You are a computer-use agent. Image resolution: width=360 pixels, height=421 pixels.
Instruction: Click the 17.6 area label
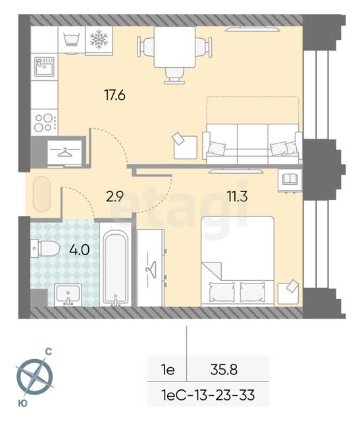[115, 95]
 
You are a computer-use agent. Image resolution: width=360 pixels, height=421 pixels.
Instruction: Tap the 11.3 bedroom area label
[237, 196]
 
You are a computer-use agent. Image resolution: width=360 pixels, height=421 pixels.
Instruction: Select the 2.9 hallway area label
[115, 196]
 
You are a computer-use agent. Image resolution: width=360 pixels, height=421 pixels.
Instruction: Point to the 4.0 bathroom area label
[79, 250]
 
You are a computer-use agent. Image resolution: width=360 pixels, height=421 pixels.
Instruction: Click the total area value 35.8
[224, 370]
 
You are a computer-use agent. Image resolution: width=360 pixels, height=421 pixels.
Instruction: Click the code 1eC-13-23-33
[208, 395]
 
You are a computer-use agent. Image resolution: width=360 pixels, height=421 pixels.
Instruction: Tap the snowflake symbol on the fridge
[99, 39]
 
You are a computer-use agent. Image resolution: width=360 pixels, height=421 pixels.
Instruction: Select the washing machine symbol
[72, 39]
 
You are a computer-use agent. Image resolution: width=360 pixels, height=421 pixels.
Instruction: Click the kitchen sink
[44, 66]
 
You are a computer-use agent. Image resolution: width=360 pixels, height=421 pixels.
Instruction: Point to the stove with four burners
[44, 122]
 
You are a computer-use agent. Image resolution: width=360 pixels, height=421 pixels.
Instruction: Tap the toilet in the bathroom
[45, 249]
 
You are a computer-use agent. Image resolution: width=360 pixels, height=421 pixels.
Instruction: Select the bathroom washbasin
[68, 295]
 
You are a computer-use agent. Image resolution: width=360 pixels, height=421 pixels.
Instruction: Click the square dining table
[174, 47]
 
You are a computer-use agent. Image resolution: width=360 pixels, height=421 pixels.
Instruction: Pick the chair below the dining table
[174, 76]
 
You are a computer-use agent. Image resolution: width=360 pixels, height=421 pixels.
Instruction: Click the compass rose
[34, 376]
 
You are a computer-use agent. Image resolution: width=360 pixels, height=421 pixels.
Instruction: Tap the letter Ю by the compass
[23, 403]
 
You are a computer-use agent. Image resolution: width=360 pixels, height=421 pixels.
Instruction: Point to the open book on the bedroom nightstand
[290, 179]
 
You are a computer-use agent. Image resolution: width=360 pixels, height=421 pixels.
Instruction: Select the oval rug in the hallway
[41, 194]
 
